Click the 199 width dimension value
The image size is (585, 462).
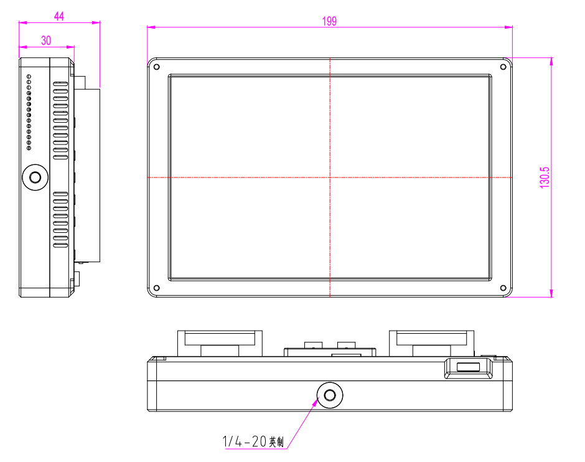pyautogui.click(x=329, y=21)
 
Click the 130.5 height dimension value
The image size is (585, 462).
pyautogui.click(x=545, y=177)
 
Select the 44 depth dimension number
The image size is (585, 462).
pyautogui.click(x=59, y=16)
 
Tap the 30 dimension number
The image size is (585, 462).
pyautogui.click(x=46, y=40)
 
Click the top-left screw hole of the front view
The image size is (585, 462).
pyautogui.click(x=157, y=67)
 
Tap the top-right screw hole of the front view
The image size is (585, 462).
pyautogui.click(x=503, y=67)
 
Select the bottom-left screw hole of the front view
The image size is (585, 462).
pyautogui.click(x=157, y=288)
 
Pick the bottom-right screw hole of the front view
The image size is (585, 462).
pyautogui.click(x=503, y=288)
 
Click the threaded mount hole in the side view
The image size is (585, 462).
pyautogui.click(x=35, y=177)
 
